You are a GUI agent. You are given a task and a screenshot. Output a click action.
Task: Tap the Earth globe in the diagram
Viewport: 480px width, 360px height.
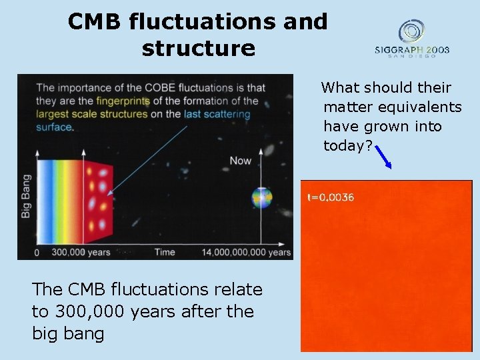(261, 198)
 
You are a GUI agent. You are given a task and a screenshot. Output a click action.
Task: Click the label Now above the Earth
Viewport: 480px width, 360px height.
(241, 161)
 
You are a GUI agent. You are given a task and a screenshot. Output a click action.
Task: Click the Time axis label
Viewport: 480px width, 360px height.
(164, 253)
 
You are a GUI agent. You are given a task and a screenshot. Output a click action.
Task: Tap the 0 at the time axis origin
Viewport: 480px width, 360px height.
(37, 253)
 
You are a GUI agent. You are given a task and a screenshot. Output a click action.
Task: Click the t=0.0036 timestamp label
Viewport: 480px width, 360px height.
(331, 197)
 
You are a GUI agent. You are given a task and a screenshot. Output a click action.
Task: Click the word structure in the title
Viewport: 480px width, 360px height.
(198, 48)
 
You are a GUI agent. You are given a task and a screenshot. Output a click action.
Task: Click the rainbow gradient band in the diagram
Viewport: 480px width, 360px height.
(60, 198)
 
